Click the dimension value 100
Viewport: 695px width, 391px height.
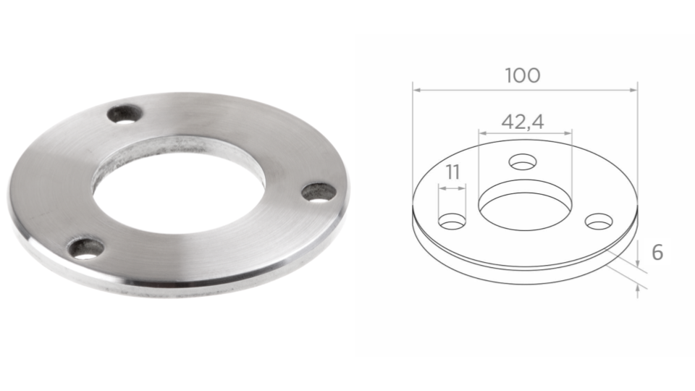[523, 75]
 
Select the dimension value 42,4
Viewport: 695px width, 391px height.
[523, 120]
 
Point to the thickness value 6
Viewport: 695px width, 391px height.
[657, 253]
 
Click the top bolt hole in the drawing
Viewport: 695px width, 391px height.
[522, 161]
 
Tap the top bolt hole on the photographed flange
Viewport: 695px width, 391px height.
[124, 114]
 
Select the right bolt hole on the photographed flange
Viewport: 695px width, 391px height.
[319, 193]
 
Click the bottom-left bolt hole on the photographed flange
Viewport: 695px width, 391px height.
[86, 249]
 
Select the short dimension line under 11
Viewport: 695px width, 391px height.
[452, 188]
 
